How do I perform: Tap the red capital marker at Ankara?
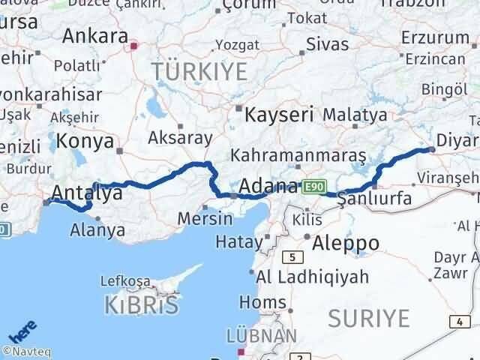point(133,46)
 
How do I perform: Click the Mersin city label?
point(205,218)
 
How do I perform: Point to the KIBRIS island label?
point(143,304)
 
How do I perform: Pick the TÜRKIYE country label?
point(199,72)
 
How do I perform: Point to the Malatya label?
point(355,115)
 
